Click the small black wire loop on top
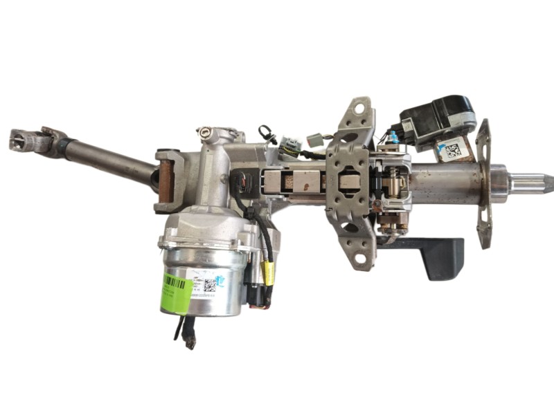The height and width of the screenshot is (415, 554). tap(267, 133)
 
